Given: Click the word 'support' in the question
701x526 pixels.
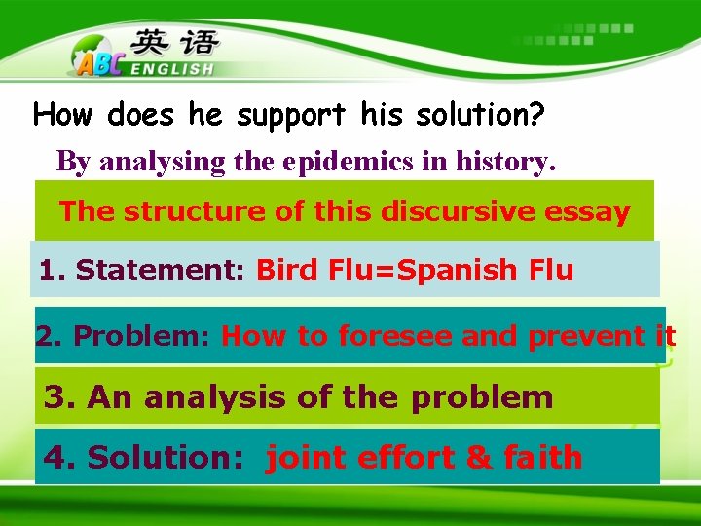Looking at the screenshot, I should [289, 117].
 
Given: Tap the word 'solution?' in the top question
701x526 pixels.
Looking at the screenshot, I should [480, 115].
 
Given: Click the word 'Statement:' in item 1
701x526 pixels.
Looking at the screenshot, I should [161, 270].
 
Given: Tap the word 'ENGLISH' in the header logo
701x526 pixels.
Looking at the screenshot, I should [171, 69].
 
